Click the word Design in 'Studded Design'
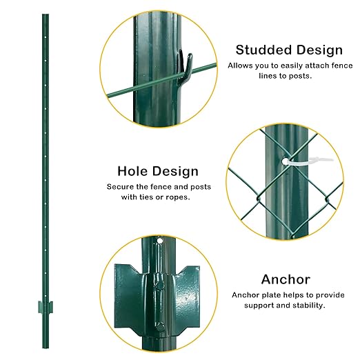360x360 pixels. pos(315,50)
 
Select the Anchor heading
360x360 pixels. pos(285,279)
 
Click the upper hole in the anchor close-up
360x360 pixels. pos(159,243)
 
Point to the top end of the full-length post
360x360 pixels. pos(45,15)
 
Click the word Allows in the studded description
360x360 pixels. pos(241,66)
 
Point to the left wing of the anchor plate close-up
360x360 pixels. pos(126,283)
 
